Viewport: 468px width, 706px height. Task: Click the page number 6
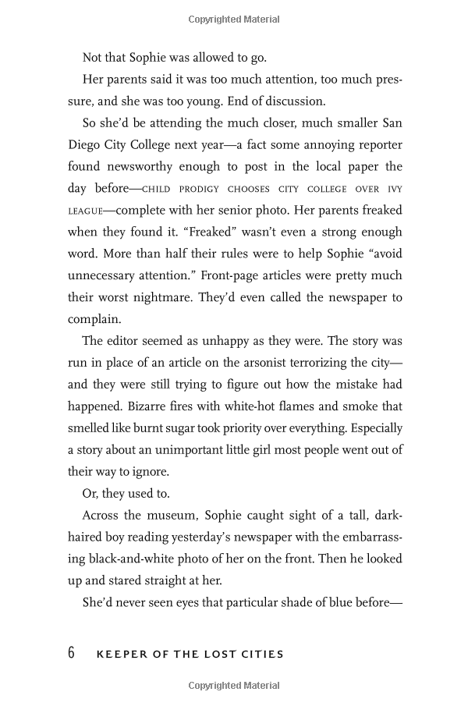(x=71, y=652)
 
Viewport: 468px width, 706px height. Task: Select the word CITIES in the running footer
(x=261, y=654)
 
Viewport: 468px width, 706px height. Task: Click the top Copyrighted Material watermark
(x=234, y=19)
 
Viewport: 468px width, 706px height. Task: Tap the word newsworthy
(x=154, y=166)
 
